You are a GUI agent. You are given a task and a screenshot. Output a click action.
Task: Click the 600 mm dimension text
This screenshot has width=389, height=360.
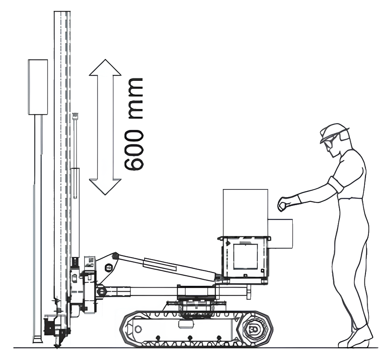134,124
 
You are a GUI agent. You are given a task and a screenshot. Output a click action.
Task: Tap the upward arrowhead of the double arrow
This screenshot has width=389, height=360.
105,68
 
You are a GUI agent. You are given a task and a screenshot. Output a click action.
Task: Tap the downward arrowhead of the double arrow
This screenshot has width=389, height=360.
105,187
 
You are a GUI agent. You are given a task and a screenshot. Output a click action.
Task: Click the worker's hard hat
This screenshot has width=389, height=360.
334,131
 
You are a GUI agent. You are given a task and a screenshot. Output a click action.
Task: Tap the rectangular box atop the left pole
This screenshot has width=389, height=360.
38,87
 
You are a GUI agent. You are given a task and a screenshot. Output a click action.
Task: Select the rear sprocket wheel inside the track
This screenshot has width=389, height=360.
254,329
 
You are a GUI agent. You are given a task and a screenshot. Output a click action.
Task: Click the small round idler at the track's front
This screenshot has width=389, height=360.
138,329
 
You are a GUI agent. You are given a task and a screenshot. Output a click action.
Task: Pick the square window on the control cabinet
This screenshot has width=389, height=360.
245,257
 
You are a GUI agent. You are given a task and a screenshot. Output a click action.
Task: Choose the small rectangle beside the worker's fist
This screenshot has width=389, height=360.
280,233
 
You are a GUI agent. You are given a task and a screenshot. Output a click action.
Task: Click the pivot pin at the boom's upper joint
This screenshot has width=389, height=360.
115,255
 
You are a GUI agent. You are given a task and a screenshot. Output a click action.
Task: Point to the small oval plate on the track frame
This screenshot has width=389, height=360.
185,324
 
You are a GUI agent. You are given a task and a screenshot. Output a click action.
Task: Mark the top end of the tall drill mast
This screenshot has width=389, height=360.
62,12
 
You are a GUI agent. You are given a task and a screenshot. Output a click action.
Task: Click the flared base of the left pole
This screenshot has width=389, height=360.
38,339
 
